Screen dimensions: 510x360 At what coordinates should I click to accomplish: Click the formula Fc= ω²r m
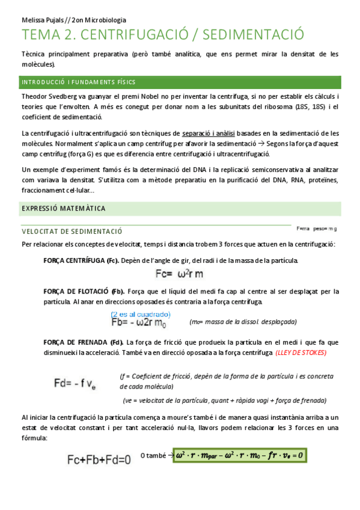point(180,274)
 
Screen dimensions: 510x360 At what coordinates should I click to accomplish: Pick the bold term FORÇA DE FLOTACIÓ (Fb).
point(84,291)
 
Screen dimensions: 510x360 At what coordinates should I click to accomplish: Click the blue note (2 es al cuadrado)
point(140,314)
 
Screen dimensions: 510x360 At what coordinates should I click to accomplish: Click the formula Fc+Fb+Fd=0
point(99,460)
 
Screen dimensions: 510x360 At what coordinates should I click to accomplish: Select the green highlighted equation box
point(239,455)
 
